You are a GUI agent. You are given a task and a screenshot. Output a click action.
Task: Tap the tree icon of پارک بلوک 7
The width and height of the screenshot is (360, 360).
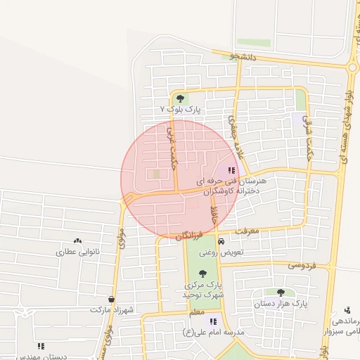click(x=180, y=98)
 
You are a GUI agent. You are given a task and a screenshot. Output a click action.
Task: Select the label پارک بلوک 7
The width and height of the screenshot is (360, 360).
click(x=180, y=110)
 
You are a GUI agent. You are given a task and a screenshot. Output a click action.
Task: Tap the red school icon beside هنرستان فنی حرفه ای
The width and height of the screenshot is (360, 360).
click(x=231, y=170)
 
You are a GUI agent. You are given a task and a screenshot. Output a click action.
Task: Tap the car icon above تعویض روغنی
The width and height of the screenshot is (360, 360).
click(x=221, y=242)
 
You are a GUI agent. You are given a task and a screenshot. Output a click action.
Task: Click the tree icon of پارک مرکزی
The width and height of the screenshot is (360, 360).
click(x=202, y=274)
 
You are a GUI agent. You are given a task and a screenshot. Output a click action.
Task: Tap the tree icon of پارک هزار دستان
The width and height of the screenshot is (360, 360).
click(x=281, y=292)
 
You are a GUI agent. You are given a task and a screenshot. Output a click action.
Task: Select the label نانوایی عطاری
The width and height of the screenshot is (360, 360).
click(x=78, y=251)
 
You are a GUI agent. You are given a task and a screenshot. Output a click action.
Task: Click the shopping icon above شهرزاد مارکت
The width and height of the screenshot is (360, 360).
click(x=111, y=299)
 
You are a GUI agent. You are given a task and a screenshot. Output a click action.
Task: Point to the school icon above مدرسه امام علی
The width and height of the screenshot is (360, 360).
click(x=213, y=321)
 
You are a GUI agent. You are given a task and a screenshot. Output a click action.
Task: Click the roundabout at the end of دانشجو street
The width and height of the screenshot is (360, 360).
click(x=352, y=67)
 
